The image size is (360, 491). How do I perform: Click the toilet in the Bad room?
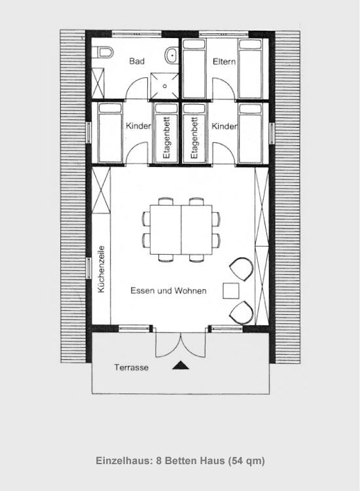pos(103,52)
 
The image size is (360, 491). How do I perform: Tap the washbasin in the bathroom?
pos(171,56)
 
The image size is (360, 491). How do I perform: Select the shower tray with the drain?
pos(164,86)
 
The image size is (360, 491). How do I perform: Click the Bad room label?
pos(137,61)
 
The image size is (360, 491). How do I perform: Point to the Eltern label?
pos(224,62)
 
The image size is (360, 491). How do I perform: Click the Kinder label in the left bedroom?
pos(138,126)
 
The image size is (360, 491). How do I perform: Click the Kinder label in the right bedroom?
pos(224,126)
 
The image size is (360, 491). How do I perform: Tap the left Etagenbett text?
pos(166,137)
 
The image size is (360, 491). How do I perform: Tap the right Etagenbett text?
pos(194,137)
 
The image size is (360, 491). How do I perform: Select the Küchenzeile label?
pos(101,269)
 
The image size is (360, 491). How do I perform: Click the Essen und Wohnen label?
pos(168,291)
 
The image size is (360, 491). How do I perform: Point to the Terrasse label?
pos(131,367)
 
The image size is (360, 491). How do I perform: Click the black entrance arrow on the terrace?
pos(181,365)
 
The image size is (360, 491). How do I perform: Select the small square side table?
pos(231,291)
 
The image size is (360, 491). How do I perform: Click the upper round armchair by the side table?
pos(241,268)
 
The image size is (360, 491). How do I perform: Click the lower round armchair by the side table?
pos(242,312)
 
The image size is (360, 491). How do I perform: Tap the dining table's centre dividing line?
pos(181,230)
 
